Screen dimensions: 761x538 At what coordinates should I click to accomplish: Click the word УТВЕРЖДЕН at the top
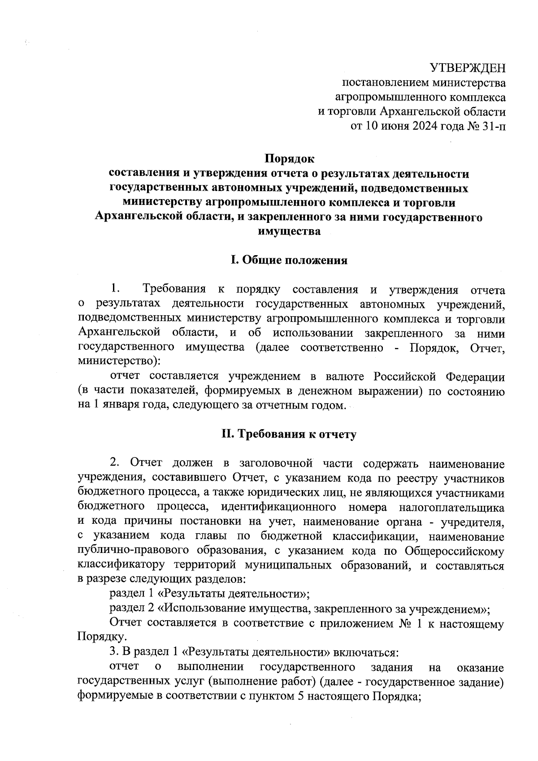pos(467,68)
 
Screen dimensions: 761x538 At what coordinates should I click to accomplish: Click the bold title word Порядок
pos(289,159)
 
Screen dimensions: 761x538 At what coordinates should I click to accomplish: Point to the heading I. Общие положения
pos(289,261)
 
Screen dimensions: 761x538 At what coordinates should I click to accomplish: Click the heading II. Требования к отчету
pos(289,434)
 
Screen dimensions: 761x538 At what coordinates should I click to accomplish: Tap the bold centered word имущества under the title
pos(289,232)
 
